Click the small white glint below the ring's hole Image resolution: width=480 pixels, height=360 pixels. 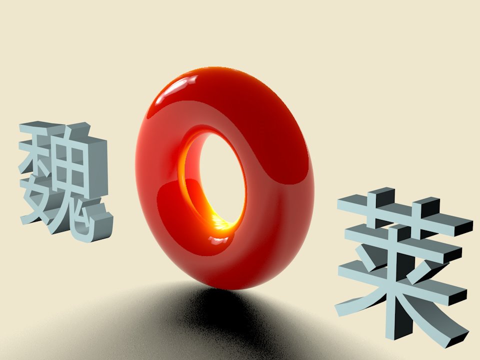(x=218, y=241)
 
